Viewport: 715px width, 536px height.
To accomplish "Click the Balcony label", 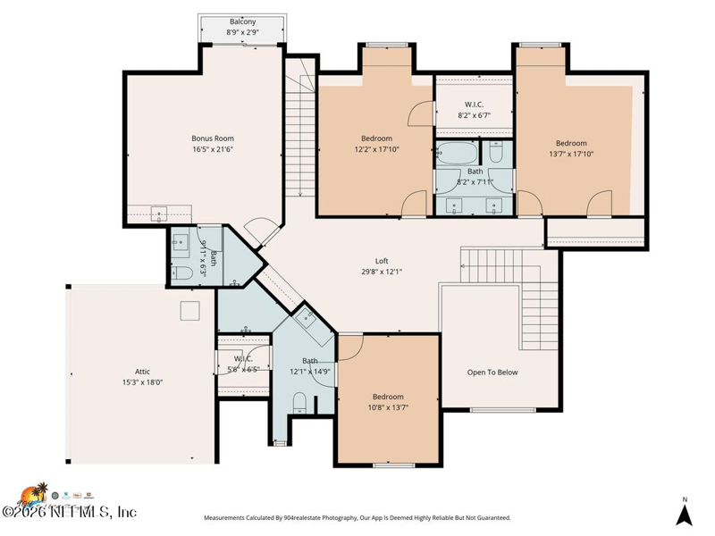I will coord(242,21).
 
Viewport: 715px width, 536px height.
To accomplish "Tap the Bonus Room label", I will coord(213,138).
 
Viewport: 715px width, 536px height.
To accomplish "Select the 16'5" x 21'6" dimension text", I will coord(213,149).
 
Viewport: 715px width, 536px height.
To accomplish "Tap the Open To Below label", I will coord(492,373).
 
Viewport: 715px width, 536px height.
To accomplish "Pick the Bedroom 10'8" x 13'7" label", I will coord(388,402).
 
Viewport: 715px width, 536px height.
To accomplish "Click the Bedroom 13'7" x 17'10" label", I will coord(571,148).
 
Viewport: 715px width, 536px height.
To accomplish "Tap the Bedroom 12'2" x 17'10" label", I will coord(376,143).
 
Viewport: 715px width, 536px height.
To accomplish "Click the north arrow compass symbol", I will coord(685,513).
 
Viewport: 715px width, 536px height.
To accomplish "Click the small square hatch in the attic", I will coord(189,310).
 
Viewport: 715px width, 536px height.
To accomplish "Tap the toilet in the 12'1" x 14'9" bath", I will coord(299,402).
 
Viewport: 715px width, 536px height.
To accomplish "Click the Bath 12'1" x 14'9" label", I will coord(309,366).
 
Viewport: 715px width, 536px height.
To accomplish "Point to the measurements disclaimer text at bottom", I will coord(357,518).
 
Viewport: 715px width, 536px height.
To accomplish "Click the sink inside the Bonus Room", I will coord(160,213).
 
